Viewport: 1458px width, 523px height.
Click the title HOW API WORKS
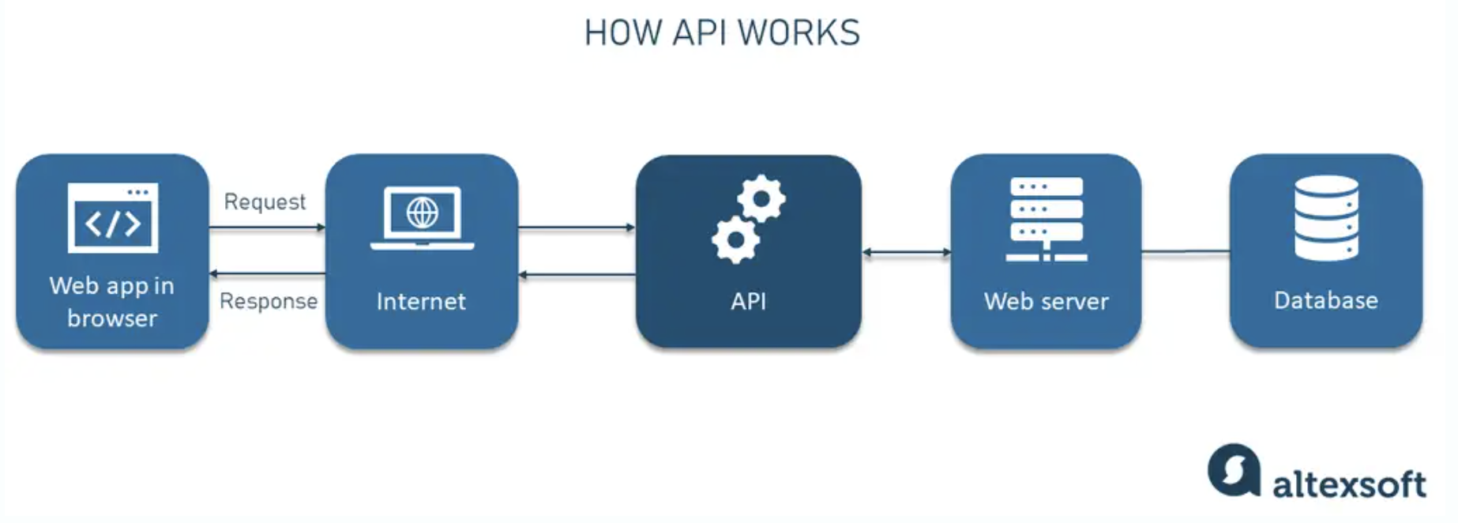click(x=722, y=32)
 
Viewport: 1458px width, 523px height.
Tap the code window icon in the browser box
click(x=113, y=218)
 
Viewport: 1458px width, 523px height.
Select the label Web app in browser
click(x=112, y=302)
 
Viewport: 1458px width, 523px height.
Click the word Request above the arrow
click(x=265, y=202)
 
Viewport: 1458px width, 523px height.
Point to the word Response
click(x=269, y=301)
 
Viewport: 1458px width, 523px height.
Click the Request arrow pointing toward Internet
click(x=267, y=228)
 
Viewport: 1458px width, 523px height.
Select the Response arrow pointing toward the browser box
click(x=267, y=274)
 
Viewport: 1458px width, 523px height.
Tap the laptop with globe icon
click(x=423, y=218)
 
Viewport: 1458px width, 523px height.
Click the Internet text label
click(x=421, y=301)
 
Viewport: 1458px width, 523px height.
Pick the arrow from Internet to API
click(x=577, y=228)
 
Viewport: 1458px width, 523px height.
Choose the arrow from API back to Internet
click(x=577, y=275)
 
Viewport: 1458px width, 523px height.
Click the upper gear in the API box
click(x=761, y=198)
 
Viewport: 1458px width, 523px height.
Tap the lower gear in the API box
click(x=735, y=239)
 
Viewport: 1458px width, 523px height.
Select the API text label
click(x=749, y=301)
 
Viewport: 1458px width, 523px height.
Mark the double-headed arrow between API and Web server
click(x=907, y=253)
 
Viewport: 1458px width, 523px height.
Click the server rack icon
click(x=1047, y=220)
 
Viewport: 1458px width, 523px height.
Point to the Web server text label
click(x=1047, y=301)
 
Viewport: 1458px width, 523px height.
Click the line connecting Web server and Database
click(x=1186, y=252)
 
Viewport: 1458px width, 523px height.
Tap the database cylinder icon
click(x=1326, y=218)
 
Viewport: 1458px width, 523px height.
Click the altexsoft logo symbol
click(x=1234, y=470)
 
